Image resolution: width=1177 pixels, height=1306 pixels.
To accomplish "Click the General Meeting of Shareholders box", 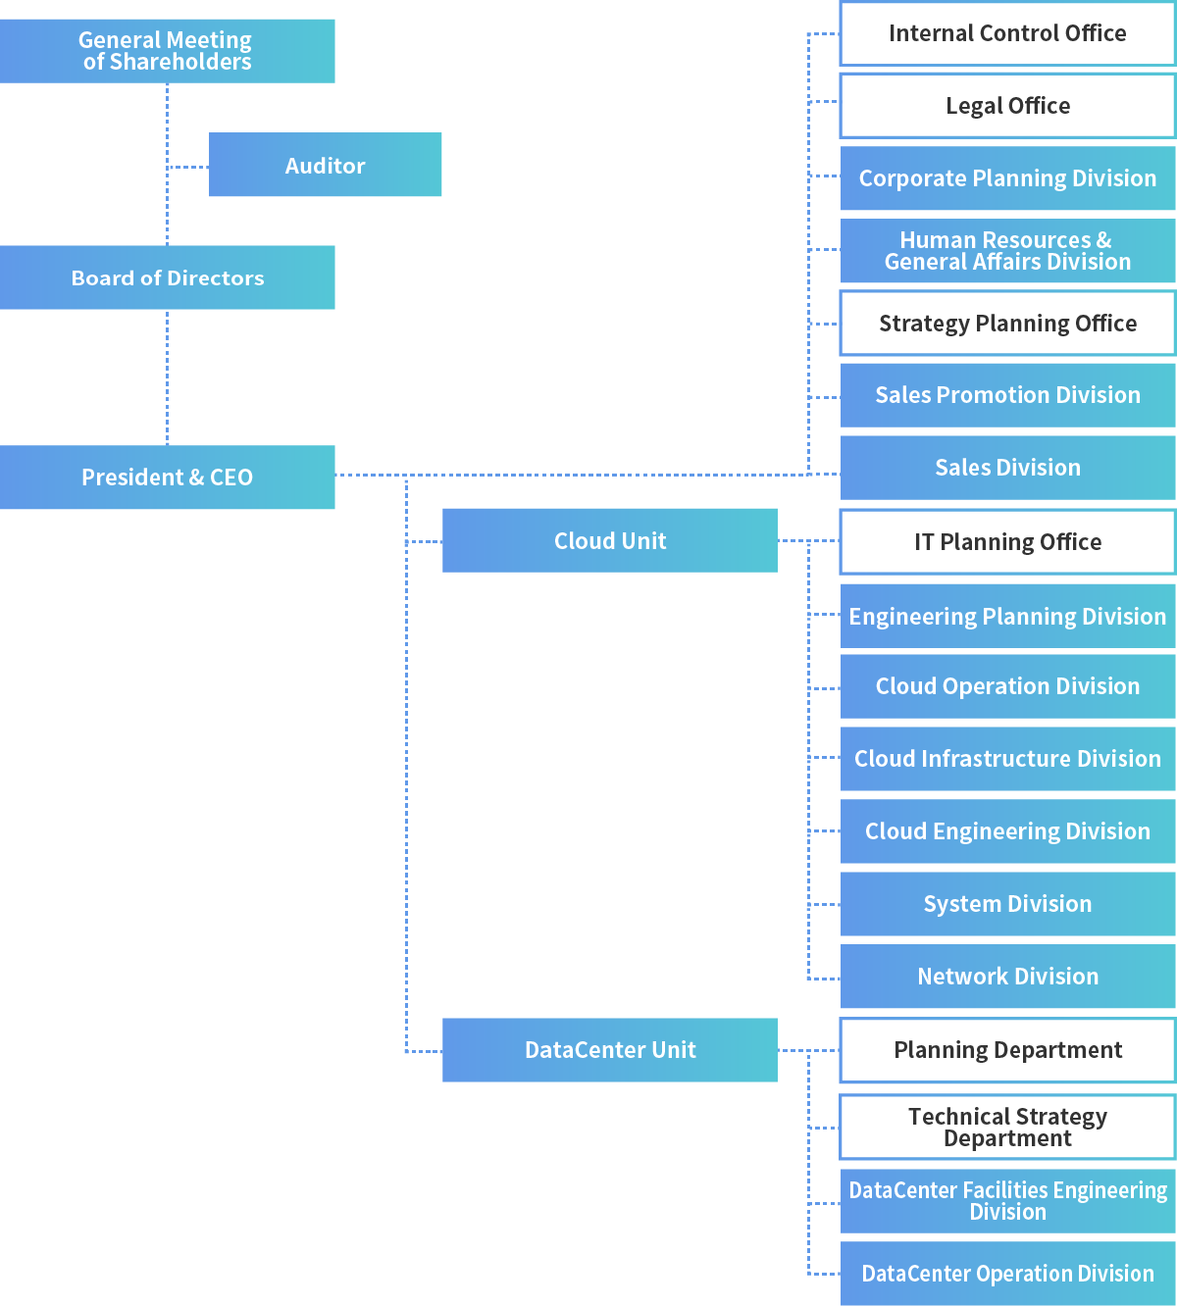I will pos(167,51).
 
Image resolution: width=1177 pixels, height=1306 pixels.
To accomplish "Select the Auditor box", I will pos(325,165).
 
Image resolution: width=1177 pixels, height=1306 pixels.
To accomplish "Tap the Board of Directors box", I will pos(167,277).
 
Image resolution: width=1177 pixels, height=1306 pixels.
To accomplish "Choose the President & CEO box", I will pos(167,477).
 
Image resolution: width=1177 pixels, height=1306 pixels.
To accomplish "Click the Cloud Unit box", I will pos(609,540).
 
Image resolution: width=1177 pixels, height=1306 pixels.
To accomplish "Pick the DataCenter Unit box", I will pos(609,1050).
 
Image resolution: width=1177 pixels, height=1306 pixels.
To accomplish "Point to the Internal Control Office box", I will pos(1007,33).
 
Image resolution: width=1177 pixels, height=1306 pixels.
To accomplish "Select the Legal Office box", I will pos(1007,106).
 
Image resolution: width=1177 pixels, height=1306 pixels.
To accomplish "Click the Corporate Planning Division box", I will pos(1007,178).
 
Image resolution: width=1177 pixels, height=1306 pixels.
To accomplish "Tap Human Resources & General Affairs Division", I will pos(1007,251).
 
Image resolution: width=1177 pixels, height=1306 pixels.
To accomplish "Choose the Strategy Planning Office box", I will pos(1007,324).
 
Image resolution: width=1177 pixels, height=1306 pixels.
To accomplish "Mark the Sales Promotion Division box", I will pos(1007,395).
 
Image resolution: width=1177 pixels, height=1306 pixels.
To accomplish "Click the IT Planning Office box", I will pos(1007,542).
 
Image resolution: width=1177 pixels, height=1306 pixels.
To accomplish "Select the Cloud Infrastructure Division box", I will pos(1007,759).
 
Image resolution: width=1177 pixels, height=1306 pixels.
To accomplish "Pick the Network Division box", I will pos(1007,977).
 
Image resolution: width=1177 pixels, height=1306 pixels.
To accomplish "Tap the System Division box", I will pos(1007,904).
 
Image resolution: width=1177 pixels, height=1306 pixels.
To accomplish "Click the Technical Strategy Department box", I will pos(1007,1128).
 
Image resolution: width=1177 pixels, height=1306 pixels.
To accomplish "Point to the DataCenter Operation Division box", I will pos(1007,1274).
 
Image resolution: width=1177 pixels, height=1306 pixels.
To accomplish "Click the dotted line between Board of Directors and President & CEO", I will pos(168,377).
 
